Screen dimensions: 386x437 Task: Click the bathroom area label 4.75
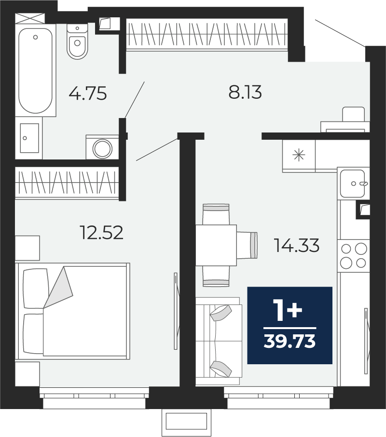click(x=88, y=93)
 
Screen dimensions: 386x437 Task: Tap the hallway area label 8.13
click(x=245, y=92)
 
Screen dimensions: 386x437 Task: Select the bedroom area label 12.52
click(x=101, y=232)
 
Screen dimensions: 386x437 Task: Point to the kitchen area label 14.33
click(x=297, y=245)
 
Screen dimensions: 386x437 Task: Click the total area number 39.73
click(x=289, y=341)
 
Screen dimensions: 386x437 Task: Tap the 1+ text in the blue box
click(x=289, y=310)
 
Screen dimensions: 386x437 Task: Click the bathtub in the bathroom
click(x=35, y=70)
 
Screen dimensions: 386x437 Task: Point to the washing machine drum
click(x=102, y=148)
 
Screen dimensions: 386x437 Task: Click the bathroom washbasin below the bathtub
click(x=29, y=138)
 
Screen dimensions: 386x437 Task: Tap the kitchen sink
click(x=352, y=184)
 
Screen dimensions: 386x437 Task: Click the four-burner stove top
click(x=353, y=256)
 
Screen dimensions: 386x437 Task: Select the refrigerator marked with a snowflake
click(x=299, y=155)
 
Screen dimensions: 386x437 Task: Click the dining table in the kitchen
click(x=216, y=245)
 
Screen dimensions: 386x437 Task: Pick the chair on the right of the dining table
click(x=247, y=245)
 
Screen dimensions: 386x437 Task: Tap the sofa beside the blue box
click(x=219, y=341)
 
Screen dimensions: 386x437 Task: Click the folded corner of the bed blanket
click(x=59, y=287)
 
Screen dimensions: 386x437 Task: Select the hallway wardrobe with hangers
click(x=207, y=34)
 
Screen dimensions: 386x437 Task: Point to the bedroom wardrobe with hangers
click(x=67, y=183)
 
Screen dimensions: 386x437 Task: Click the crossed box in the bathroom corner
click(x=30, y=18)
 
